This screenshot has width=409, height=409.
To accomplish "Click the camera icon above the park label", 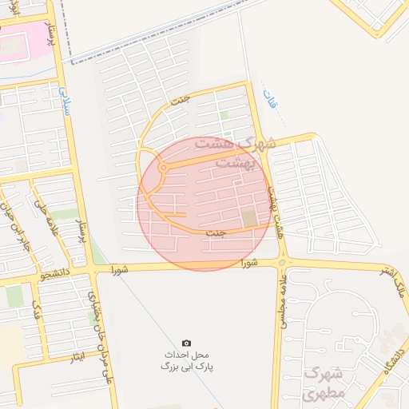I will point(186,343).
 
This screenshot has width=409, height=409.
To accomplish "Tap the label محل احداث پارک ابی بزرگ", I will point(189,359).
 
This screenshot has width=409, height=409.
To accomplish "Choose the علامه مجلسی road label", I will point(282,304).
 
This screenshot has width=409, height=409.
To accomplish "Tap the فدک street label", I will point(34,308).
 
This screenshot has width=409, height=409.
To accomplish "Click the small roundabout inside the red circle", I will point(163,169).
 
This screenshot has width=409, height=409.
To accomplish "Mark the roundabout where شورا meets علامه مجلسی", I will point(282,262).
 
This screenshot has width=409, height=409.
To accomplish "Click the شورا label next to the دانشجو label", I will point(117,268).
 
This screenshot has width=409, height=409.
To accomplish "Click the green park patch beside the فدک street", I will point(14,296).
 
